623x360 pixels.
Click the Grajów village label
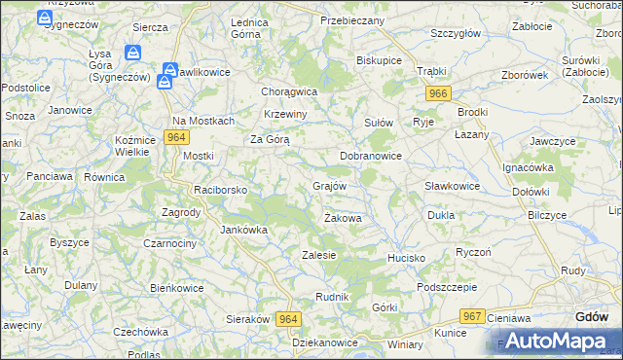329,185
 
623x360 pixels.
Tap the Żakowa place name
343,218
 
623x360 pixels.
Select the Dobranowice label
370,155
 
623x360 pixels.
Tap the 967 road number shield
473,316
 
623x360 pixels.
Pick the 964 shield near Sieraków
288,319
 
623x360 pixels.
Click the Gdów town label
592,317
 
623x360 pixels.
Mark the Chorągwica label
289,91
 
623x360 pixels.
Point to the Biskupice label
379,59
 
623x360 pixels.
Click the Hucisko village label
406,258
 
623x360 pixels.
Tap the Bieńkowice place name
176,288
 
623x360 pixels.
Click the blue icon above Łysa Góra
133,54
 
